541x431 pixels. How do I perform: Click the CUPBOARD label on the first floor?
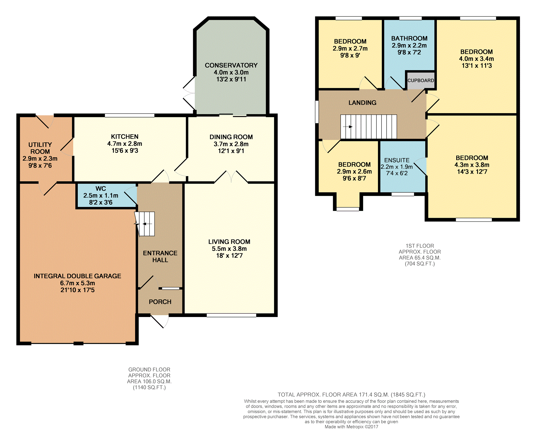point(421,81)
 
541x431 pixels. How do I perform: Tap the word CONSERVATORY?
point(231,65)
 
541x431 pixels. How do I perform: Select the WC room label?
point(101,189)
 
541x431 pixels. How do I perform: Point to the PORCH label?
point(160,302)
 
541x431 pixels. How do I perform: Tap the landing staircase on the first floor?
point(368,127)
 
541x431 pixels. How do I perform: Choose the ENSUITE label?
point(397,160)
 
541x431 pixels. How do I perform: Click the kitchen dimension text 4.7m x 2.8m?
point(125,144)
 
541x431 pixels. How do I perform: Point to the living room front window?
point(231,315)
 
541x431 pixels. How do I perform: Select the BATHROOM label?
point(409,39)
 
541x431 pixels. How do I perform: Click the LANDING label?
point(363,103)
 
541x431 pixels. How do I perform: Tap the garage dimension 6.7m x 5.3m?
point(77,283)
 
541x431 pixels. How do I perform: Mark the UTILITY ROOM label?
point(40,148)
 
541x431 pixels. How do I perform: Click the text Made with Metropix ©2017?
point(352,427)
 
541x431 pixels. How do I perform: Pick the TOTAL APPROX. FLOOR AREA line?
point(352,395)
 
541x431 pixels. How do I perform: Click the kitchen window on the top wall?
point(130,116)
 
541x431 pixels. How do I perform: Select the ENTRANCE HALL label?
point(160,257)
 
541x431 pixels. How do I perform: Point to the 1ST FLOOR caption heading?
point(420,246)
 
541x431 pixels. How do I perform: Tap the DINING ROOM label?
point(231,137)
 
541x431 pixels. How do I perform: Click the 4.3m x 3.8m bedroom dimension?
point(472,165)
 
